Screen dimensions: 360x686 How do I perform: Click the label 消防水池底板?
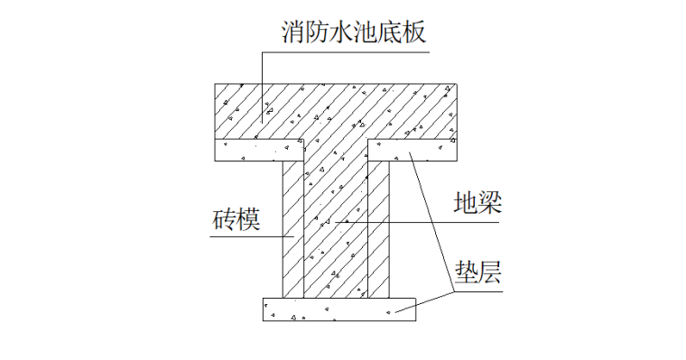coord(352,33)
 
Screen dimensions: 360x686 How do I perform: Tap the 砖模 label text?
coord(237,219)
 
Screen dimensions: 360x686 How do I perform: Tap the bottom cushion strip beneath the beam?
coord(338,309)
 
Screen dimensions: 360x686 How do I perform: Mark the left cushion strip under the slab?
coord(249,150)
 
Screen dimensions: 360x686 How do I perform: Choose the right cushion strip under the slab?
coord(424,150)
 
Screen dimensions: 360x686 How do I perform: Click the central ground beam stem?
coord(336,226)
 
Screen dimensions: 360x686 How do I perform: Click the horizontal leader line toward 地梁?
coord(406,222)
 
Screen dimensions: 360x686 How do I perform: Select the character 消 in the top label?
coord(292,33)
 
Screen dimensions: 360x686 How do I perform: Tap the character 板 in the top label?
coord(413,33)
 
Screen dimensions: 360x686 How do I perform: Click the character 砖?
coord(225,219)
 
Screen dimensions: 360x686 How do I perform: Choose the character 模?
coord(249,219)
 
